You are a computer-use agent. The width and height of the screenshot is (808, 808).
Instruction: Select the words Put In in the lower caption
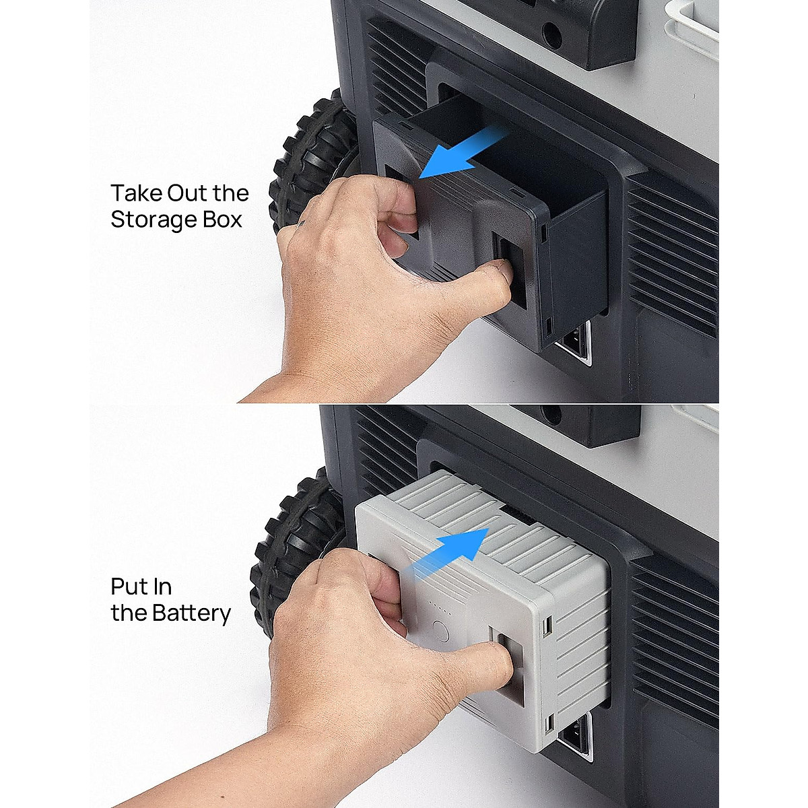[141, 586]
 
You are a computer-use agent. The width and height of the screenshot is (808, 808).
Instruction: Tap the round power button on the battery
[440, 634]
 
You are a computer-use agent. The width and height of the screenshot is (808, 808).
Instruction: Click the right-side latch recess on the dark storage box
[508, 269]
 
